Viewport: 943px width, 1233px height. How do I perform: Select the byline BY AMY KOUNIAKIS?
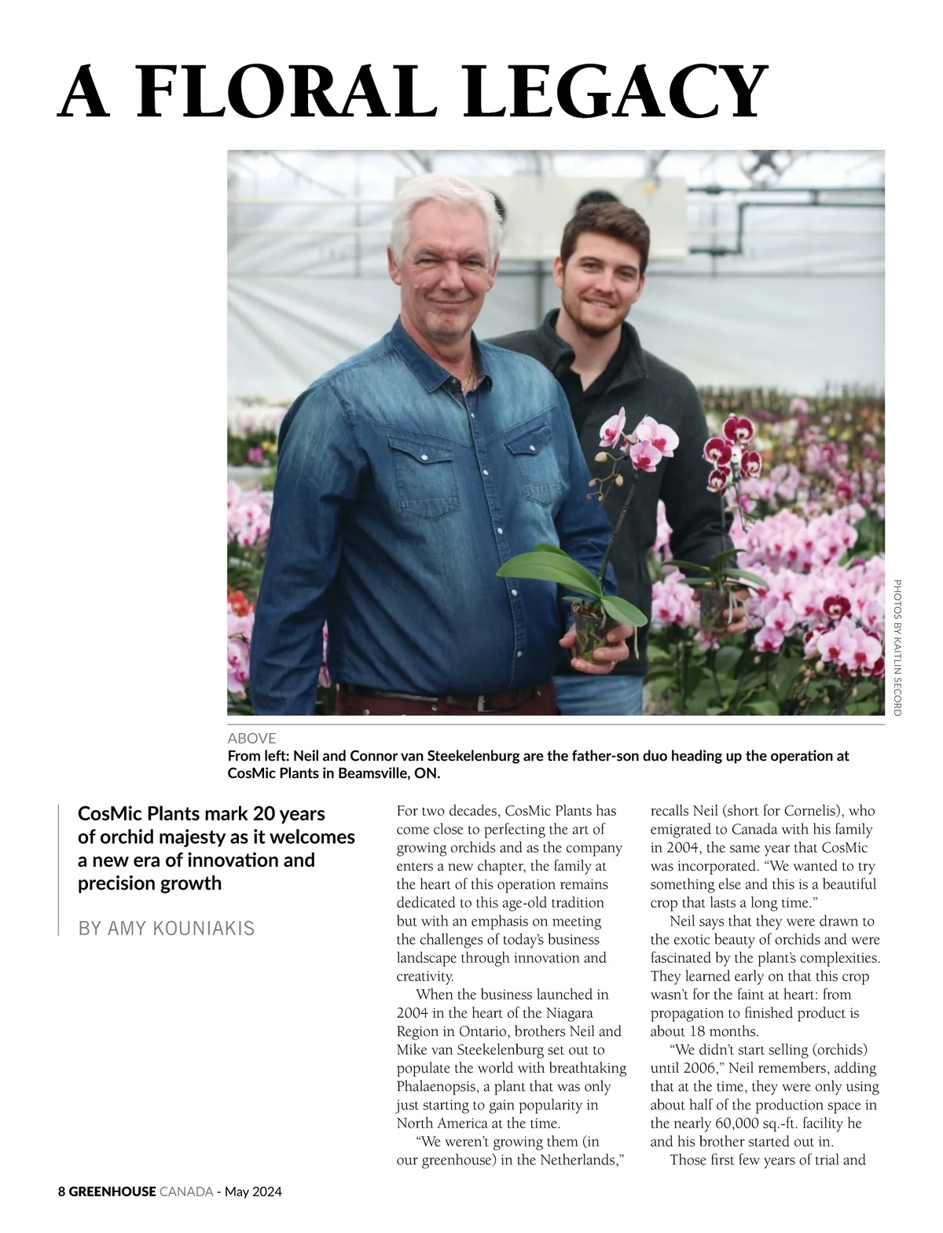(167, 928)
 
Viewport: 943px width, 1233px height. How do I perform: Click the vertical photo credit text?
(897, 647)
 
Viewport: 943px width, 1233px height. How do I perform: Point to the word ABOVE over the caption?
(251, 738)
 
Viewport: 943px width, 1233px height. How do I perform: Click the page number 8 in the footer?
(62, 1191)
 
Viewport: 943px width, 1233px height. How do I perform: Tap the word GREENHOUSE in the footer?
(112, 1191)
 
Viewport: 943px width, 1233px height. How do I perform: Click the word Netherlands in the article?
(580, 1159)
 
